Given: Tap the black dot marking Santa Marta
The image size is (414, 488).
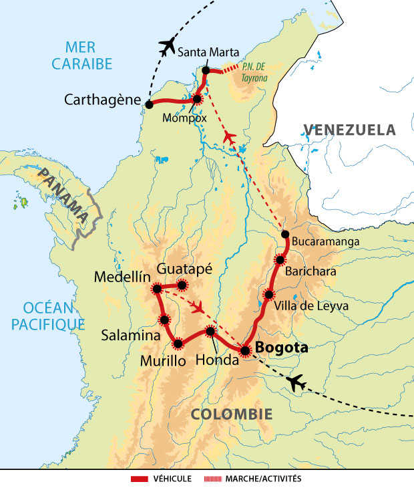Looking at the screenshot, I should point(206,70).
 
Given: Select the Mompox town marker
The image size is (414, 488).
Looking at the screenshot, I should point(197,100).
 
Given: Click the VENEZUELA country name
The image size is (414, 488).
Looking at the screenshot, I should point(350,130).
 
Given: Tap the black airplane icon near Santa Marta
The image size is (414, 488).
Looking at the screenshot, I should point(167,47).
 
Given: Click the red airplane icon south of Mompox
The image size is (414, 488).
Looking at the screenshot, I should point(229,137).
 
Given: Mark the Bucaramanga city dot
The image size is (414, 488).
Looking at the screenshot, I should point(285,234).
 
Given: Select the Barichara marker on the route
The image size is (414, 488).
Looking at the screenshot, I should point(280,259).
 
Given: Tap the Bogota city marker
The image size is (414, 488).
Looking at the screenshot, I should point(245,350).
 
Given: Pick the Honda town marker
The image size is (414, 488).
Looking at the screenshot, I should point(210,331).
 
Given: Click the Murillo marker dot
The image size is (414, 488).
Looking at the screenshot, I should point(178,344).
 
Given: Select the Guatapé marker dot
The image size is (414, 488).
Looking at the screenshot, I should point(182,285).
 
